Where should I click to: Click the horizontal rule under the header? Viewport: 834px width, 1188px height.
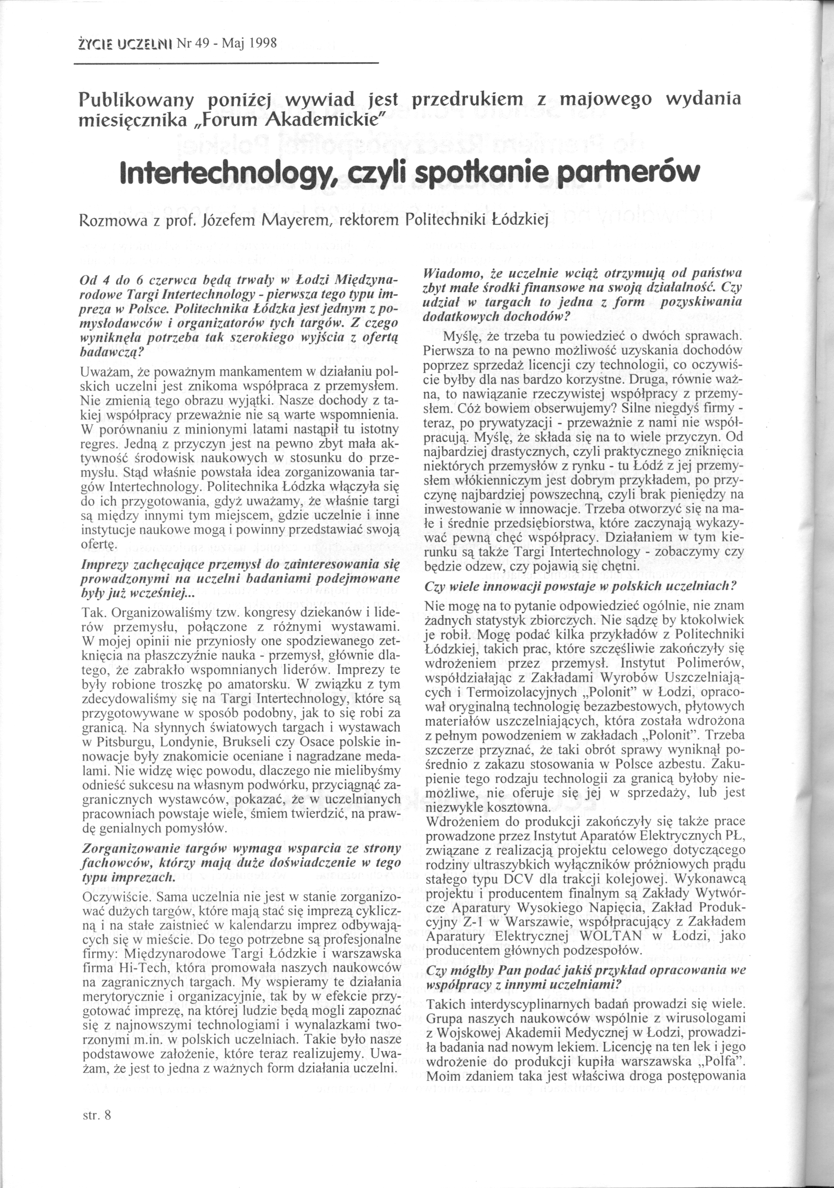tap(227, 64)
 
